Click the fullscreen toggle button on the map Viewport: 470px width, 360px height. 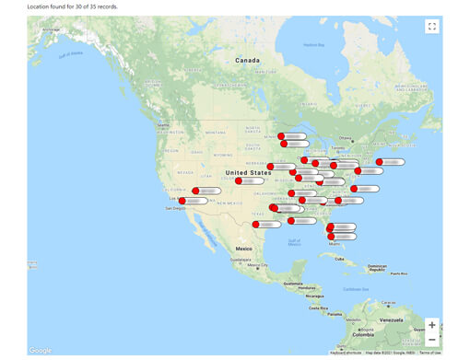click(431, 27)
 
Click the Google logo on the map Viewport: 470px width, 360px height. click(40, 350)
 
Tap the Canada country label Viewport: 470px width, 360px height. click(247, 60)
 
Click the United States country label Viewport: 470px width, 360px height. click(248, 172)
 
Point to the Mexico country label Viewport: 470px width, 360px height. click(243, 249)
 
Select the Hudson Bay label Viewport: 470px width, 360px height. click(314, 44)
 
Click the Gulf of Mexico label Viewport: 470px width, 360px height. click(294, 242)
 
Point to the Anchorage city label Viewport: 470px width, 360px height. click(51, 29)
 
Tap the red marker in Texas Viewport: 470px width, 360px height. click(255, 224)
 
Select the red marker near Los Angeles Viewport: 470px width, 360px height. click(182, 201)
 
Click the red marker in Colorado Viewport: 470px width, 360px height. click(239, 181)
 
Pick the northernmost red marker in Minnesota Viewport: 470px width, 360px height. click(281, 136)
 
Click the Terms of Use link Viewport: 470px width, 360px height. click(429, 353)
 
